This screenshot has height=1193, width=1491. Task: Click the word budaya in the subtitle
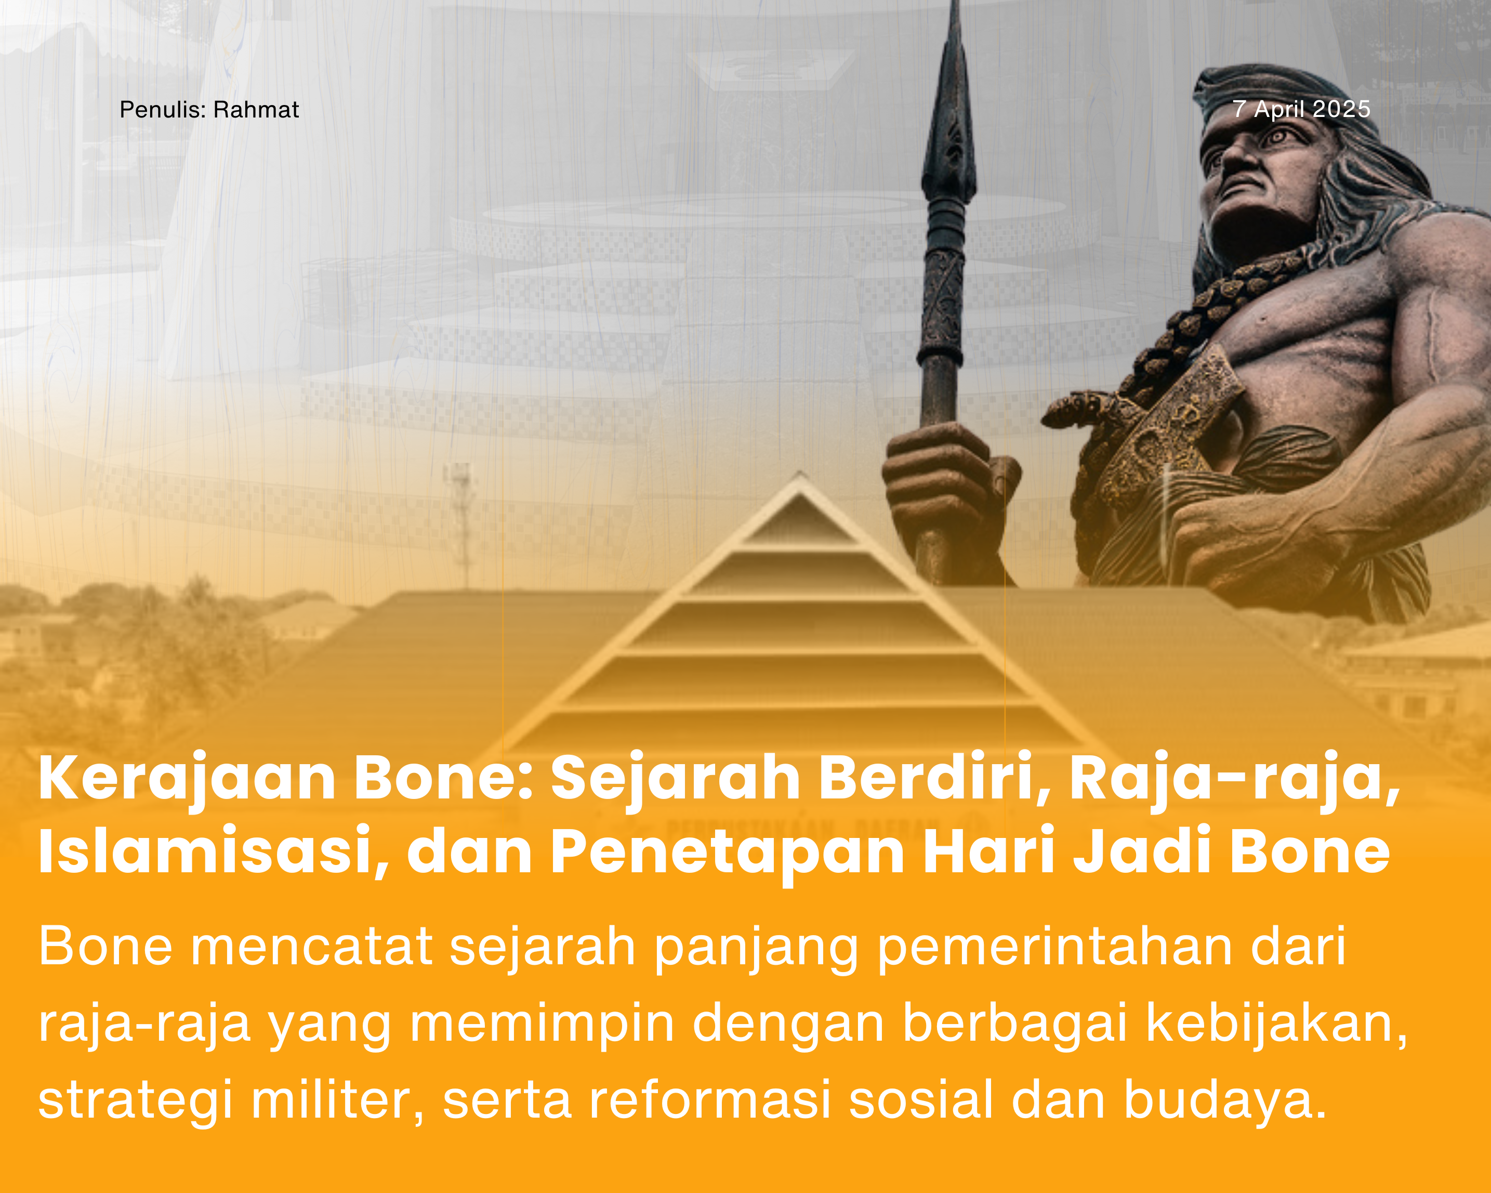[x=1223, y=1099]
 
